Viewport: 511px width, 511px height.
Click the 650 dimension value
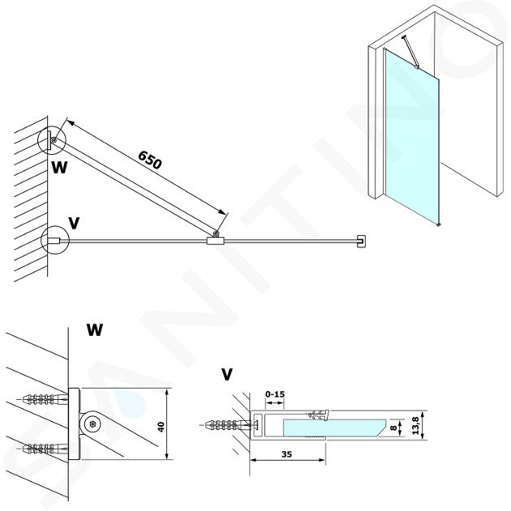150,160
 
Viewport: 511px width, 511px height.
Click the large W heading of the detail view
95,331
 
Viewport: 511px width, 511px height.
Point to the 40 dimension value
162,425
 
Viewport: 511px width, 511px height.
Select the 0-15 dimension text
276,395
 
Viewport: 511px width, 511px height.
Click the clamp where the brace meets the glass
215,239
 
